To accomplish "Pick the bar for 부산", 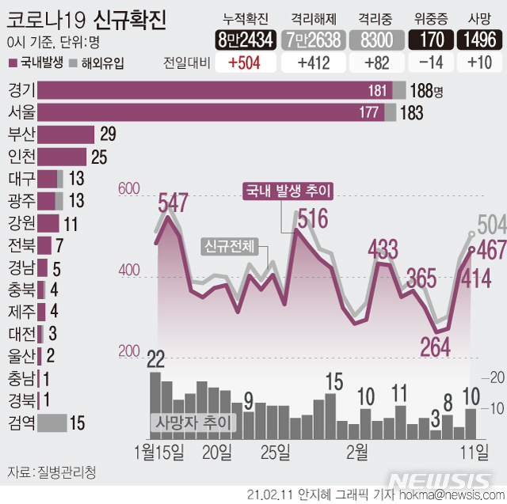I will (65, 135).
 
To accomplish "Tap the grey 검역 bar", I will (51, 423).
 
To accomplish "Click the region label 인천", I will (19, 157).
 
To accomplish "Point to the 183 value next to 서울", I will (411, 112).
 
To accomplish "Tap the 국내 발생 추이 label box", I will (288, 190).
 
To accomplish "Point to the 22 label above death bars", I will (155, 361).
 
